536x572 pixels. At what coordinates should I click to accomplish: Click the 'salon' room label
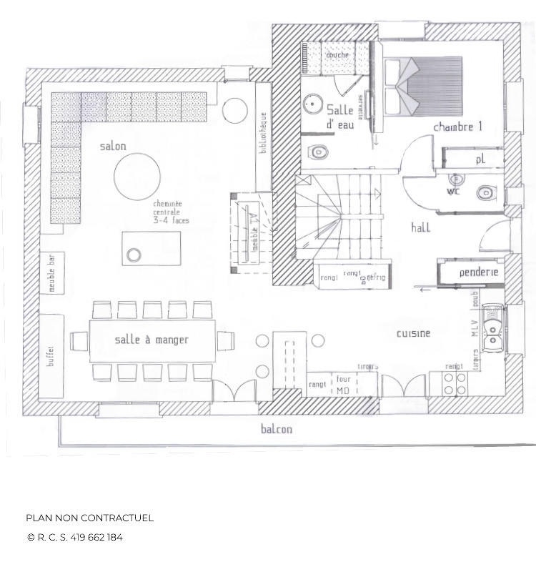(x=113, y=147)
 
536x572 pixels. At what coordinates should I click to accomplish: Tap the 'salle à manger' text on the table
(x=152, y=340)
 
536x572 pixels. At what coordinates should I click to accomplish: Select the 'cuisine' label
(x=414, y=333)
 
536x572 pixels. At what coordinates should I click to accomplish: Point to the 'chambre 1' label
(x=457, y=127)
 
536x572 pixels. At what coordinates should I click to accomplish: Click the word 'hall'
(x=420, y=227)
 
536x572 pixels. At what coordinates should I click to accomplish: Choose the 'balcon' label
(x=275, y=429)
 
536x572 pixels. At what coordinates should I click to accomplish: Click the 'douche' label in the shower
(x=337, y=56)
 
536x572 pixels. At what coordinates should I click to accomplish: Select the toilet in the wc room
(x=487, y=192)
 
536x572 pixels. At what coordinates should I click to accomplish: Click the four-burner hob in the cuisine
(x=455, y=383)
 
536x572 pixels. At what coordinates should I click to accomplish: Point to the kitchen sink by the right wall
(x=492, y=329)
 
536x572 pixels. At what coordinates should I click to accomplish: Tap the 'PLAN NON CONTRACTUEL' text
(x=89, y=518)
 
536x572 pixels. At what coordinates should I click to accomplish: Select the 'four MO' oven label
(x=343, y=385)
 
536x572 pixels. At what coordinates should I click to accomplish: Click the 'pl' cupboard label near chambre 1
(x=480, y=160)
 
